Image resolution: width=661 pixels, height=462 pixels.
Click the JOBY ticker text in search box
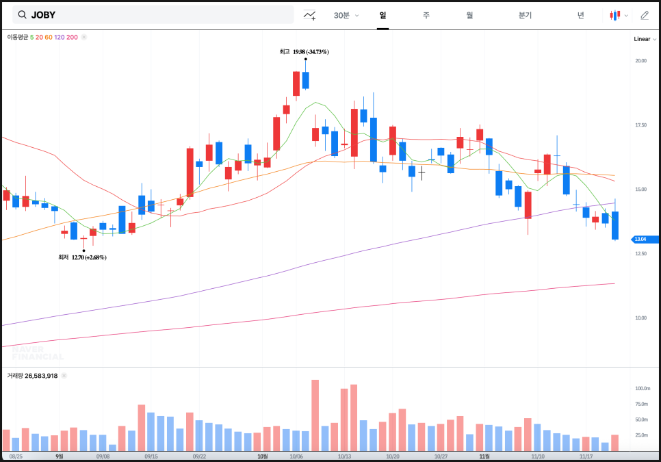43,15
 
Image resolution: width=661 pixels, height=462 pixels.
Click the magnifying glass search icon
23,15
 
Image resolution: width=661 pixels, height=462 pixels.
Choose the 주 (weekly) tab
426,15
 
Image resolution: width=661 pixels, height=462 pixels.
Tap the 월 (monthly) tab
469,15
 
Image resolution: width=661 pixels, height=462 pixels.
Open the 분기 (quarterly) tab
525,15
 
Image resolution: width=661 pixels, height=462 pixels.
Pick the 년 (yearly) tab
580,15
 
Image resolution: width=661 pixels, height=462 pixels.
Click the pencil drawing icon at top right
644,15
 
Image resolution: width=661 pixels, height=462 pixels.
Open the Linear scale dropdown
645,39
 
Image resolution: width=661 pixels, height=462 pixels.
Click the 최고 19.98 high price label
304,52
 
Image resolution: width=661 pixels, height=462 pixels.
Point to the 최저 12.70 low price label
83,257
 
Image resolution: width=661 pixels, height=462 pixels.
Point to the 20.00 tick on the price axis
640,61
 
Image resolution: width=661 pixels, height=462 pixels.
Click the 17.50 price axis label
640,125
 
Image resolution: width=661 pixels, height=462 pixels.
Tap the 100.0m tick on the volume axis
641,389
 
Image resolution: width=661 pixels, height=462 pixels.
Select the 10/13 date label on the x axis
344,456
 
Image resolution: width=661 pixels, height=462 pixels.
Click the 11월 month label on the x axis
484,456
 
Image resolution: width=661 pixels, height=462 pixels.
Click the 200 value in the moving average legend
72,37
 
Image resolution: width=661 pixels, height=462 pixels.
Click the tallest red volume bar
315,415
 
